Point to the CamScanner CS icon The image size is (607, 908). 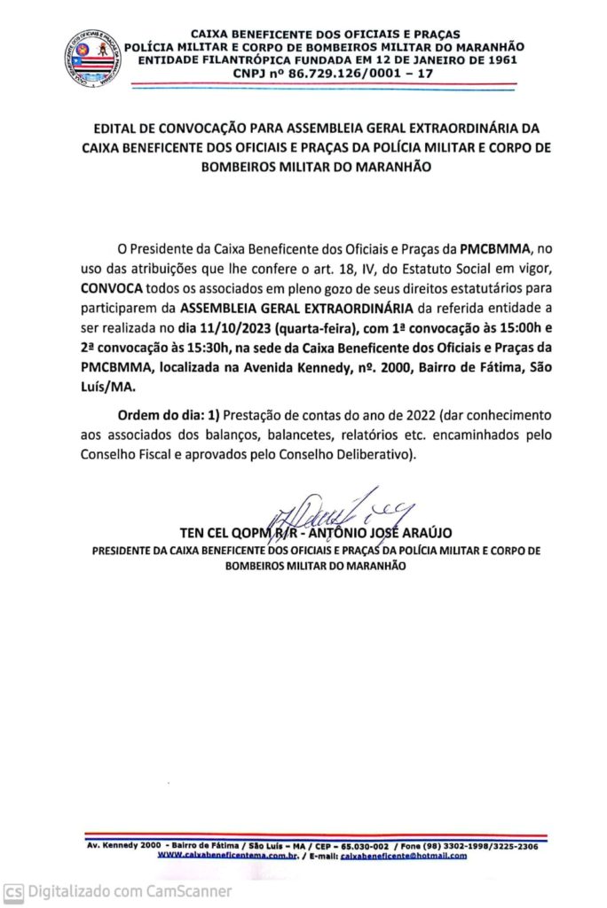click(13, 891)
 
